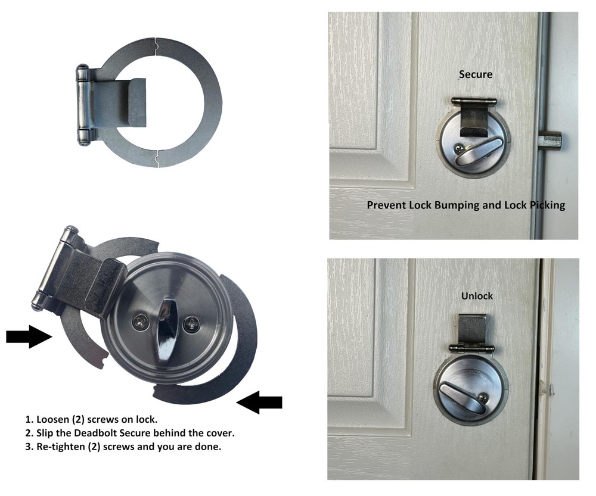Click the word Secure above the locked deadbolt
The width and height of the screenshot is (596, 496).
click(x=476, y=74)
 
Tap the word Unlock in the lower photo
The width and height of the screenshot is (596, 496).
click(x=477, y=295)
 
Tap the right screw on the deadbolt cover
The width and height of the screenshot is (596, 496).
click(x=192, y=325)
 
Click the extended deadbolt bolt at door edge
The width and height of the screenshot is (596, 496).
click(x=550, y=141)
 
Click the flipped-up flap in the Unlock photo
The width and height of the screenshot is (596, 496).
click(x=471, y=329)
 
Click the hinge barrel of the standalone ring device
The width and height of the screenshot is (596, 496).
click(x=83, y=105)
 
